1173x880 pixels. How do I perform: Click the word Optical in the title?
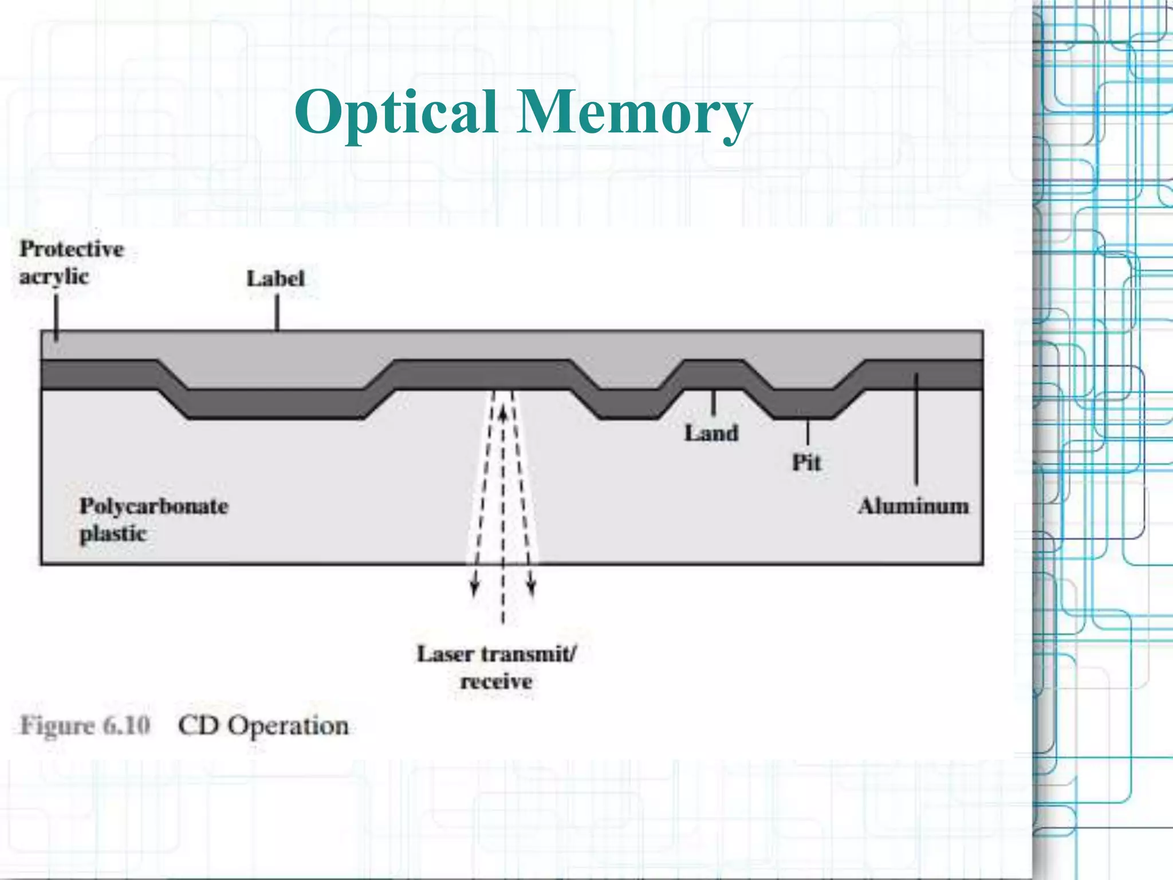395,113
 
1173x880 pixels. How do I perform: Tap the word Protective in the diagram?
72,249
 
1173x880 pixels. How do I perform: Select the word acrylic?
54,277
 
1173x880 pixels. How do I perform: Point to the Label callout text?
275,279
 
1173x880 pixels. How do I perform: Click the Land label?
711,434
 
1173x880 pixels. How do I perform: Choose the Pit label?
806,462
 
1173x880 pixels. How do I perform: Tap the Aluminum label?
914,506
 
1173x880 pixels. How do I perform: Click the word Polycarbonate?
153,506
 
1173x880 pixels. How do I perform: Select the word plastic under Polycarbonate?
113,534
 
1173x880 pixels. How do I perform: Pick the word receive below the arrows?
496,682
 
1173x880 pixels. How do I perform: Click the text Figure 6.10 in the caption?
85,726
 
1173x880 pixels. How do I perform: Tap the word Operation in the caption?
288,726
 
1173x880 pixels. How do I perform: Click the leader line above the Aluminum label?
916,430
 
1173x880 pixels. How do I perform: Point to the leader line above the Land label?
713,403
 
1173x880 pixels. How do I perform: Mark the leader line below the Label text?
277,313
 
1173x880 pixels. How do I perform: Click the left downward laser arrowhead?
474,590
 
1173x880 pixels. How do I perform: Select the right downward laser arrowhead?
532,590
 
